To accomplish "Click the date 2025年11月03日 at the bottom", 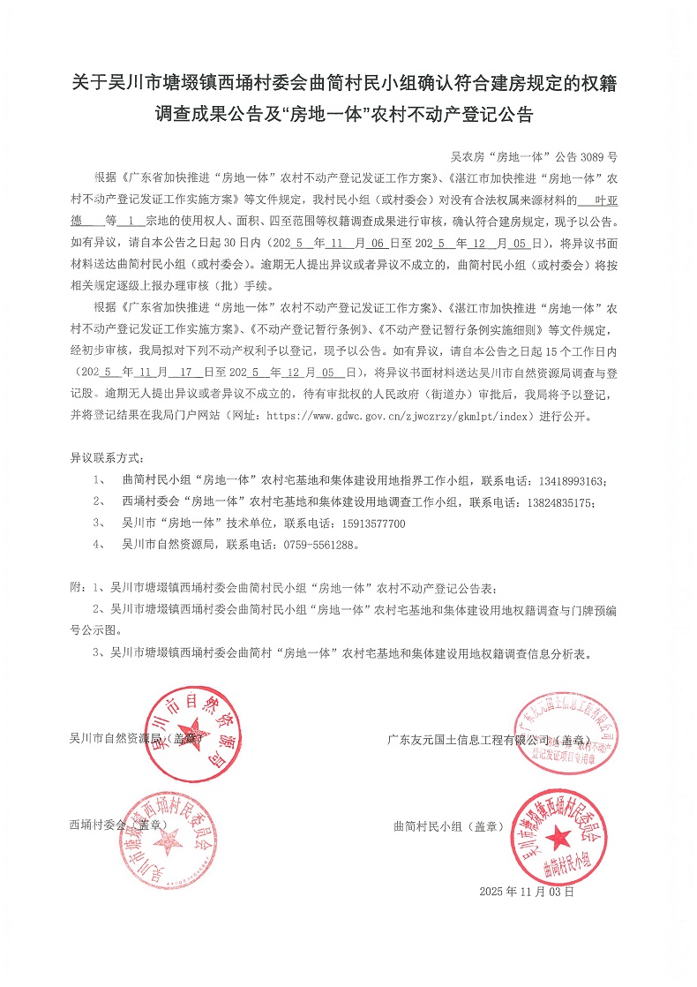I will coord(527,893).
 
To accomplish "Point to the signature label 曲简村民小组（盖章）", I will coord(448,826).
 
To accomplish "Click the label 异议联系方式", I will coord(105,459).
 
